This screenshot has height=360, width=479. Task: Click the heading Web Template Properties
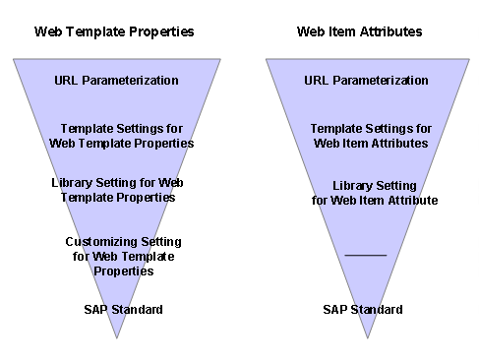pyautogui.click(x=114, y=31)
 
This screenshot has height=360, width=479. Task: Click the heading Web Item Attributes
pyautogui.click(x=360, y=31)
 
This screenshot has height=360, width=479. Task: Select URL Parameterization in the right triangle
pyautogui.click(x=367, y=81)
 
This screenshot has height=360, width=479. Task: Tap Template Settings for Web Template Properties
pyautogui.click(x=121, y=136)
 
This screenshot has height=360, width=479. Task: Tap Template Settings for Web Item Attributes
pyautogui.click(x=371, y=136)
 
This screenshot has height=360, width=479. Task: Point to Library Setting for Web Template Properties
pyautogui.click(x=118, y=190)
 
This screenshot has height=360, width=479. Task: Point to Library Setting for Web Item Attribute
pyautogui.click(x=375, y=193)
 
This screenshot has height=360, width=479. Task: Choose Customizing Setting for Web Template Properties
pyautogui.click(x=123, y=255)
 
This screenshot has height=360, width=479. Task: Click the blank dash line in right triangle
pyautogui.click(x=366, y=256)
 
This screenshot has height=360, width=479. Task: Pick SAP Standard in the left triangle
pyautogui.click(x=123, y=310)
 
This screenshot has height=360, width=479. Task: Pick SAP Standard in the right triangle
pyautogui.click(x=363, y=310)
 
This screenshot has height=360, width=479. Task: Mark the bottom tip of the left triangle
pyautogui.click(x=118, y=337)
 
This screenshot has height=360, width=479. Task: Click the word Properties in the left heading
pyautogui.click(x=164, y=31)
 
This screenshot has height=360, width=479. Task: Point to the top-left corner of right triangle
pyautogui.click(x=267, y=59)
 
